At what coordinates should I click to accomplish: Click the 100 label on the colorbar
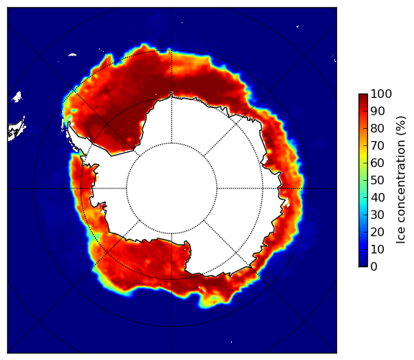coord(382,94)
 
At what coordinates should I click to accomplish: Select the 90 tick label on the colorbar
coord(377,111)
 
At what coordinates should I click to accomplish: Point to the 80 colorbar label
coord(377,128)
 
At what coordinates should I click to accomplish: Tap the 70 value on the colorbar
coord(377,145)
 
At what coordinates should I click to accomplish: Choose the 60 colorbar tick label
coord(377,163)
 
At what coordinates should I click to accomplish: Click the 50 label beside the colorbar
coord(377,180)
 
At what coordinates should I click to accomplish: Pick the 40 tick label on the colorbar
coord(377,197)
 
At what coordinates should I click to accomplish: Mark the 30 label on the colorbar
coord(377,215)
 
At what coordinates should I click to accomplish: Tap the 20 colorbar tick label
coord(377,232)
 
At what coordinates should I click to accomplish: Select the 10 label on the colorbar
coord(377,249)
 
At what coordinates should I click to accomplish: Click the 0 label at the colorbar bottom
coord(374,267)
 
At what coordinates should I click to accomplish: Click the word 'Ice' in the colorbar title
coord(400,237)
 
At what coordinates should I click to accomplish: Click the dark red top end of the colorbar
coord(363,96)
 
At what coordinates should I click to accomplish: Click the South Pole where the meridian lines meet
coord(171,189)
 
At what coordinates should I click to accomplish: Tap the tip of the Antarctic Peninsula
coord(69,123)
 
